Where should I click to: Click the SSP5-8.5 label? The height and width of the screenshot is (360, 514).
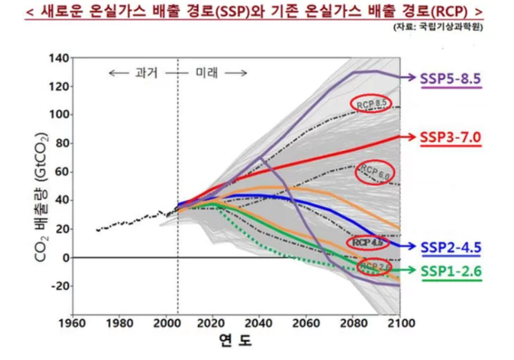(450, 78)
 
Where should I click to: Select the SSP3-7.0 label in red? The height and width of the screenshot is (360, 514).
(450, 137)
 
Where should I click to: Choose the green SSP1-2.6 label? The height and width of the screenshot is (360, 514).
(450, 271)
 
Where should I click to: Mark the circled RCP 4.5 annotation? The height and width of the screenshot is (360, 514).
(367, 243)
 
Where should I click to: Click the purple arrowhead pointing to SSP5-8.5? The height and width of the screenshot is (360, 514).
(412, 78)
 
